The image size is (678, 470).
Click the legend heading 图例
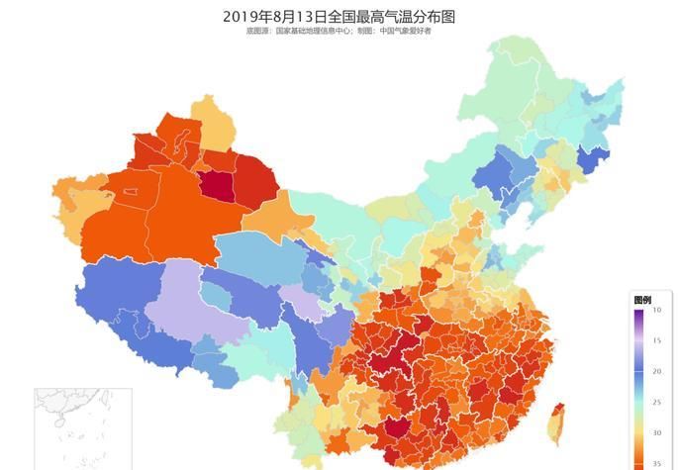pyautogui.click(x=642, y=300)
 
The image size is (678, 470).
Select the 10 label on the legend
pyautogui.click(x=656, y=311)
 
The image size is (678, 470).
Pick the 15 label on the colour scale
pyautogui.click(x=656, y=340)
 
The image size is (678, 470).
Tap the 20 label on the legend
pyautogui.click(x=656, y=371)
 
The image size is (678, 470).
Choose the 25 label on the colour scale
pyautogui.click(x=656, y=402)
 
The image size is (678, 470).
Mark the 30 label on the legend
pyautogui.click(x=656, y=432)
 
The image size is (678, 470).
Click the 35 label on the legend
pyautogui.click(x=656, y=462)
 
